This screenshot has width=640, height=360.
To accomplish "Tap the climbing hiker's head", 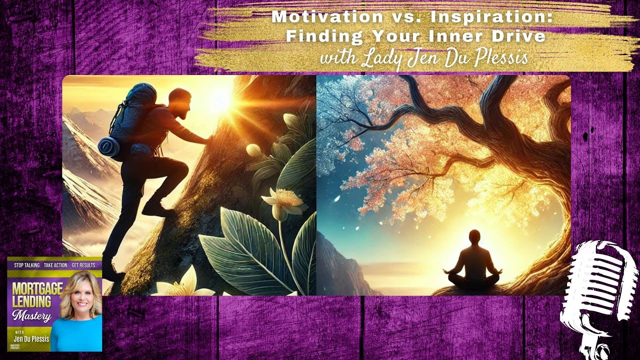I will [180, 102].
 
